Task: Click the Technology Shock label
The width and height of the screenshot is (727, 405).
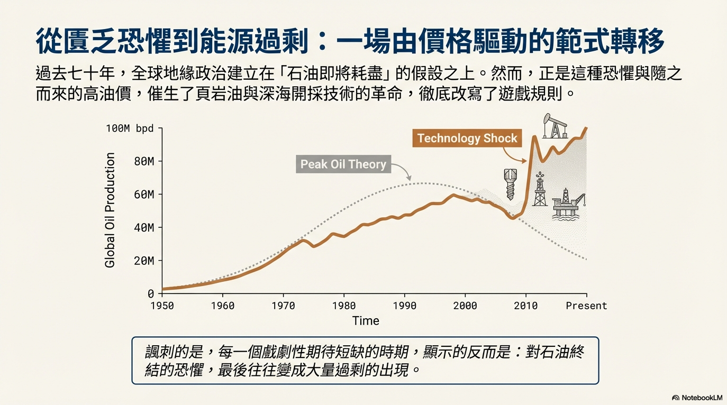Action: click(467, 139)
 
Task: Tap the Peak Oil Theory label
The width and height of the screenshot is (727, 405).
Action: click(343, 164)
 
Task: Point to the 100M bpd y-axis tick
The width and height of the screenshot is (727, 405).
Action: click(130, 128)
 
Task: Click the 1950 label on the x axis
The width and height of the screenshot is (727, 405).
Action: click(162, 306)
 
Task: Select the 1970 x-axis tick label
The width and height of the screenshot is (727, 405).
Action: click(283, 306)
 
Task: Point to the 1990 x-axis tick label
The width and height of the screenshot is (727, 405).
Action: click(405, 306)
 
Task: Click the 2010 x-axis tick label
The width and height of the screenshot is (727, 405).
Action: click(526, 306)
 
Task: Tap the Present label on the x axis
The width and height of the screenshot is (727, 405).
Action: click(586, 306)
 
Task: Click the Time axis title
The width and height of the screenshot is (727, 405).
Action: click(366, 321)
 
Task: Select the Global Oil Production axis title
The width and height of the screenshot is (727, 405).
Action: click(110, 210)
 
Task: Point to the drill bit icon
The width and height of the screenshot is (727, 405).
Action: click(510, 184)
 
